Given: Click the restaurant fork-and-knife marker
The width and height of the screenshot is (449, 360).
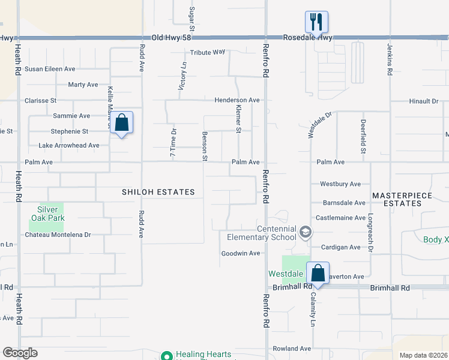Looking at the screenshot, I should (x=316, y=23).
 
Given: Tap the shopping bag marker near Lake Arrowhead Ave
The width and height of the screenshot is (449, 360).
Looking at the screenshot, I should (x=122, y=123).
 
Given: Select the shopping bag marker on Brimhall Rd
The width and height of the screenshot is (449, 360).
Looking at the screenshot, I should (x=318, y=274).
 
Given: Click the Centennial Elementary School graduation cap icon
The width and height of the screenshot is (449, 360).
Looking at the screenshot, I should (x=306, y=232).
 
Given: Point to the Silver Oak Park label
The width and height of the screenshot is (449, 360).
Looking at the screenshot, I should (x=48, y=214).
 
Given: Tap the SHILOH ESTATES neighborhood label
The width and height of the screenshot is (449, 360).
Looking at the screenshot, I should (x=158, y=192).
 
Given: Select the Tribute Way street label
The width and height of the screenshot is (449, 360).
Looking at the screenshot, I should (x=208, y=53).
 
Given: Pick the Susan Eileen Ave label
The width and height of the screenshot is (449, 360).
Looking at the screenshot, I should (x=50, y=69).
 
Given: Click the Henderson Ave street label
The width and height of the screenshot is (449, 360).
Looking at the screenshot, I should (x=238, y=100).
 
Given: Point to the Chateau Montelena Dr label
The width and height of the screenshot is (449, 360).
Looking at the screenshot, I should (x=58, y=235).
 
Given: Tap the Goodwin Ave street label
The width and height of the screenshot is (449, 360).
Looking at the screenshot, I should (x=241, y=253).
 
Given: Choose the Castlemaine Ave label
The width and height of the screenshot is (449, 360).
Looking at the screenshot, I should (x=340, y=218).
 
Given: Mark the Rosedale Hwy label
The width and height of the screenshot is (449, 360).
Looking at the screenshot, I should (x=316, y=37).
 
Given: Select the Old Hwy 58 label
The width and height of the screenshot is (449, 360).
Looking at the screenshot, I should (x=173, y=37).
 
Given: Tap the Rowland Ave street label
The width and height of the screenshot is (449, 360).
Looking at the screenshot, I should (x=292, y=349).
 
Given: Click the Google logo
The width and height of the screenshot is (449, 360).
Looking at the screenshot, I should (x=20, y=353).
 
